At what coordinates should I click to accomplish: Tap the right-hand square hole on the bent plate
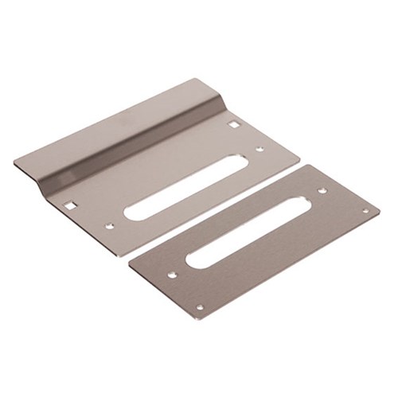tap(233, 124)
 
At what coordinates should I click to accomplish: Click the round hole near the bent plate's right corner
tap(259, 148)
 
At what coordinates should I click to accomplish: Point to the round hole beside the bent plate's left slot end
tap(110, 226)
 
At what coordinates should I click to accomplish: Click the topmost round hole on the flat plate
tap(322, 190)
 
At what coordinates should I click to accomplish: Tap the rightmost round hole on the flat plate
tap(365, 211)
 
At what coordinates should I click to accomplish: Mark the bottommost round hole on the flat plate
tap(199, 307)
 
